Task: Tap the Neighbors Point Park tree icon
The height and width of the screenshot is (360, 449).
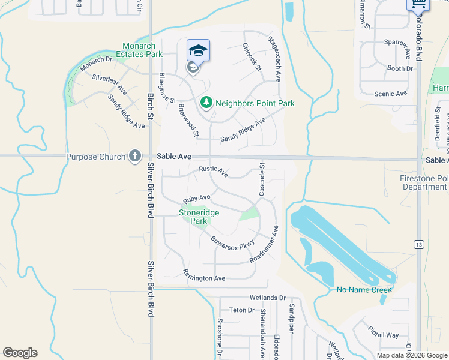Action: [206, 103]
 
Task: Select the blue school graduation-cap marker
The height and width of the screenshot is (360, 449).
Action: [197, 50]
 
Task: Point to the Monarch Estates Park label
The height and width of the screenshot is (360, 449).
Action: [143, 50]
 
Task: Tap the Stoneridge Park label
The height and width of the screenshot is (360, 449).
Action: [199, 217]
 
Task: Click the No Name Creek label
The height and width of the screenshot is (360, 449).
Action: [364, 290]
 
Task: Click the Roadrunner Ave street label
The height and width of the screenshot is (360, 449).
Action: [265, 243]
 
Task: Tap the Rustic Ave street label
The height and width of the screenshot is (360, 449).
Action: [214, 172]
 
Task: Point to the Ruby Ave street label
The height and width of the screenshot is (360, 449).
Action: [197, 197]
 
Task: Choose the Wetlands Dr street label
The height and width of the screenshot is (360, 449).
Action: [268, 298]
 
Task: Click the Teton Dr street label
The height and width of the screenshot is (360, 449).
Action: [242, 310]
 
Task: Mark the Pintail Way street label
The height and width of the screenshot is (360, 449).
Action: [384, 335]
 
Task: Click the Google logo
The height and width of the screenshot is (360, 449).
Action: [20, 353]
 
